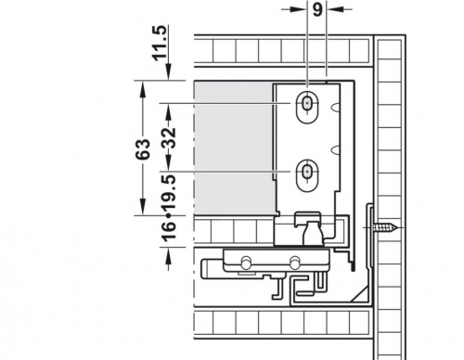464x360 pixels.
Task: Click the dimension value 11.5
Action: (x=160, y=44)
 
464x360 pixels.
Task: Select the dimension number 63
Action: (x=143, y=149)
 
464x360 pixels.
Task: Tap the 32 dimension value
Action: (x=169, y=137)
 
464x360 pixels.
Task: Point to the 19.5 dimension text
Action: (x=169, y=192)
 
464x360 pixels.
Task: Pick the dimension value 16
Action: (x=169, y=230)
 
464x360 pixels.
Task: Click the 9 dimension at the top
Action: (x=317, y=10)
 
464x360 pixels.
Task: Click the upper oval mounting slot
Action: (x=307, y=108)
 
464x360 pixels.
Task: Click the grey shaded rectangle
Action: (x=234, y=148)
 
